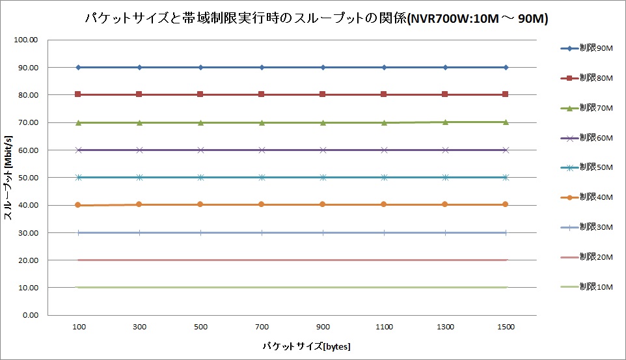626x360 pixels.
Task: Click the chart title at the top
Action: click(x=316, y=19)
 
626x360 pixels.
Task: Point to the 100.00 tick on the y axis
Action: click(x=26, y=40)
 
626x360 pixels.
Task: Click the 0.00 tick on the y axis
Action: click(x=30, y=315)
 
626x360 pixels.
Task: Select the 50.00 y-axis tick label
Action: click(x=28, y=177)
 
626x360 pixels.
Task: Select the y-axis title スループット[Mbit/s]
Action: click(x=10, y=177)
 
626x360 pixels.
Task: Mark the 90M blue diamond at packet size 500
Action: click(x=200, y=67)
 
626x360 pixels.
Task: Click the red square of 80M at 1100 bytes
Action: click(x=384, y=94)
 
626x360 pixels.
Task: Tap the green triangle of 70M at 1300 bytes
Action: click(x=445, y=122)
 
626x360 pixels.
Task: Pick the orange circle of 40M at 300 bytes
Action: click(x=139, y=204)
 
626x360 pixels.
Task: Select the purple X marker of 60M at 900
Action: click(x=323, y=150)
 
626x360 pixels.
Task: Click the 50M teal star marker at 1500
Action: click(x=506, y=177)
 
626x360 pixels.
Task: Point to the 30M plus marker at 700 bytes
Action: click(x=262, y=232)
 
